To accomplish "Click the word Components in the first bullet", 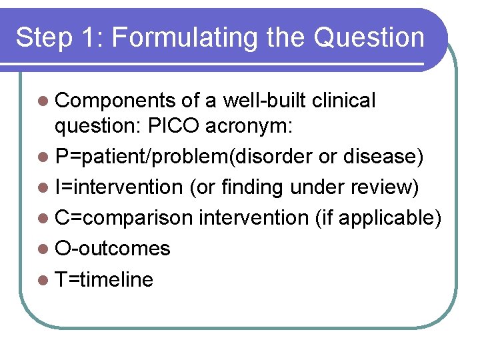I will coord(116,101).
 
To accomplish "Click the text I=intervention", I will coord(119,187).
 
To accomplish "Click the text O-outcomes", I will coord(113,249).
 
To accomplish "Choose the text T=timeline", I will coord(105,279).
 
